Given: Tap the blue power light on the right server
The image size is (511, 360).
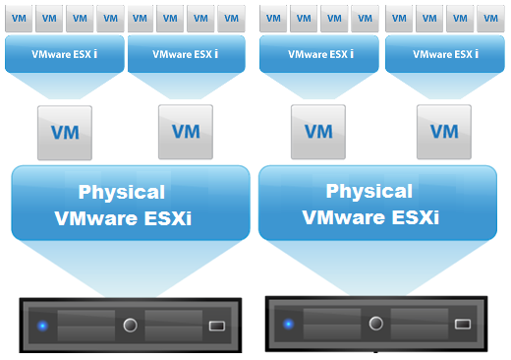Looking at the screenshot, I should pyautogui.click(x=288, y=324).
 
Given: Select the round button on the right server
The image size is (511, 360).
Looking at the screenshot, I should pyautogui.click(x=375, y=324).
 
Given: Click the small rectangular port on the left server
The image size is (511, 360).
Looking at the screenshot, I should pyautogui.click(x=216, y=326).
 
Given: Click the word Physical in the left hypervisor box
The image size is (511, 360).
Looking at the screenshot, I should pyautogui.click(x=122, y=192).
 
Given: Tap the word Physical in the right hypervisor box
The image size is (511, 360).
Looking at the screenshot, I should pyautogui.click(x=369, y=192).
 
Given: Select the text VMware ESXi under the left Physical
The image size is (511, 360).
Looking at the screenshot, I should pyautogui.click(x=122, y=217).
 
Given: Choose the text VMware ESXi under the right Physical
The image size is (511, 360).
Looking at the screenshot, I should pyautogui.click(x=369, y=217).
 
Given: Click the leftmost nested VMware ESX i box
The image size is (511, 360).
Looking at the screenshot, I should pyautogui.click(x=64, y=55).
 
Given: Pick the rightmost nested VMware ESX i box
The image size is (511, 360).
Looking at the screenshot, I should pyautogui.click(x=446, y=55).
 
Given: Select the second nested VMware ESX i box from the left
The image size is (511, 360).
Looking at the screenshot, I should pyautogui.click(x=187, y=55).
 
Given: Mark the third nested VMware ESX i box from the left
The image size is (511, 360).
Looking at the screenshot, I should pyautogui.click(x=318, y=55).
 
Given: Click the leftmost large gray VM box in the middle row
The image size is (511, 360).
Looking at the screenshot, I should pyautogui.click(x=64, y=131).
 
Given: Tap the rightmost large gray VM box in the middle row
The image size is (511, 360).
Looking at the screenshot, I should pyautogui.click(x=444, y=131).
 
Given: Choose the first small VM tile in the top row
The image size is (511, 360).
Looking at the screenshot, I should pyautogui.click(x=19, y=18).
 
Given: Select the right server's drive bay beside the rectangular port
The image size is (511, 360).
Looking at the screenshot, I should pyautogui.click(x=421, y=324).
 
